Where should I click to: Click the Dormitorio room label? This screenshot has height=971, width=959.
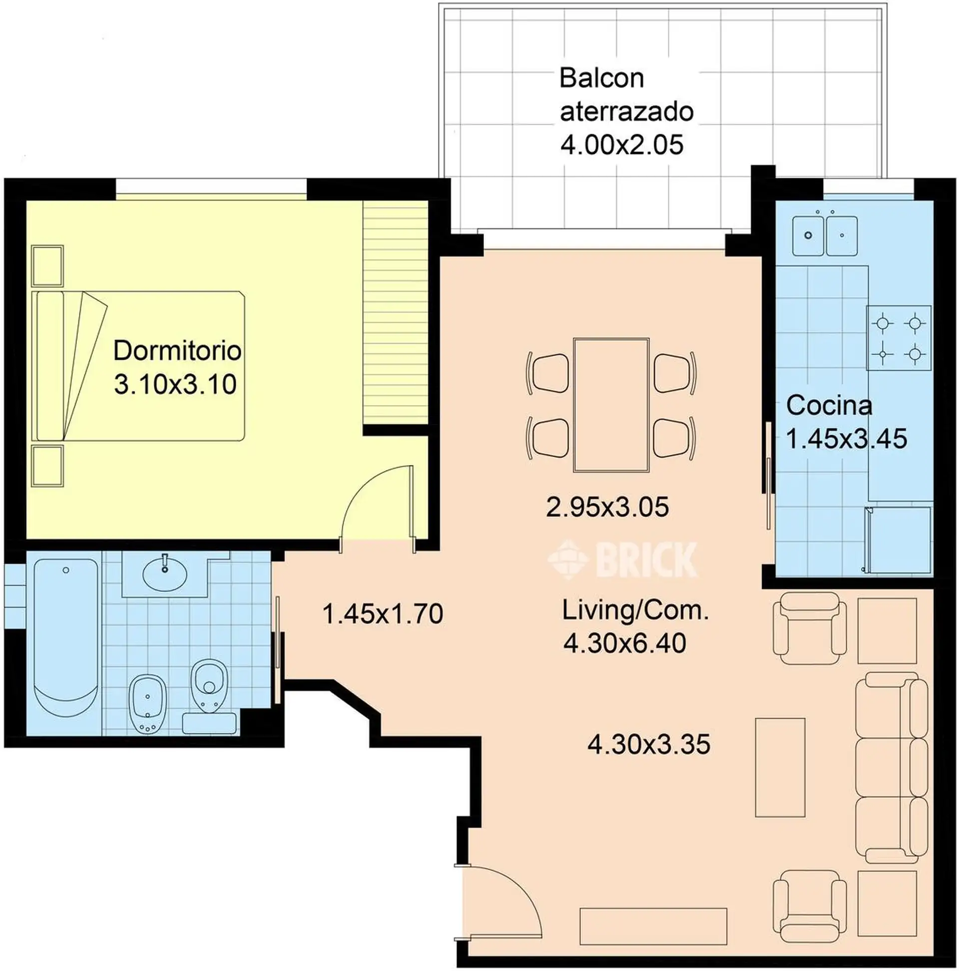coord(177,351)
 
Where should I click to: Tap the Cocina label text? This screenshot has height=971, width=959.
coord(829,406)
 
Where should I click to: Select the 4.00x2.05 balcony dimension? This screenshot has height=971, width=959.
coord(622,145)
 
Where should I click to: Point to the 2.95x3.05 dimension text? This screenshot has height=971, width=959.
coord(607,507)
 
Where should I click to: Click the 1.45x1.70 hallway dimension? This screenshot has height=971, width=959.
coord(383,614)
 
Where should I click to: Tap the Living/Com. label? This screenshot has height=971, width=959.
coord(635,611)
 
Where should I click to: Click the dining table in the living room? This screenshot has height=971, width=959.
coord(611,405)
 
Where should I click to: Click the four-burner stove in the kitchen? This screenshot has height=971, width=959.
coord(899,338)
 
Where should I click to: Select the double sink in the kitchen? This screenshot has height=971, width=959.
coord(825,236)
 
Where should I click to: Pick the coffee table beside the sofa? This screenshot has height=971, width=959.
coord(780,775)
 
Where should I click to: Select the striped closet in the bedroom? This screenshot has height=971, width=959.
coord(395,312)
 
